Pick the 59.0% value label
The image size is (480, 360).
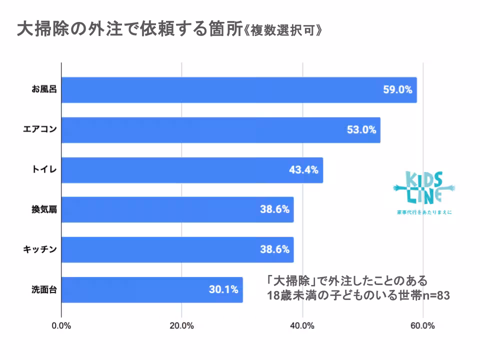pyautogui.click(x=397, y=90)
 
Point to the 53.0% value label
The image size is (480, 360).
pyautogui.click(x=361, y=130)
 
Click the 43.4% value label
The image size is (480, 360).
pyautogui.click(x=303, y=170)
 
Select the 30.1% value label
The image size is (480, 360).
pyautogui.click(x=223, y=289)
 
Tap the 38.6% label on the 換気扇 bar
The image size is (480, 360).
pyautogui.click(x=274, y=209)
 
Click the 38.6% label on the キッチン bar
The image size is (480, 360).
pyautogui.click(x=274, y=249)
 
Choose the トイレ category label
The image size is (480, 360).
pyautogui.click(x=41, y=170)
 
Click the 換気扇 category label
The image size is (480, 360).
pyautogui.click(x=41, y=209)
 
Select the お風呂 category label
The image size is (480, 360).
pyautogui.click(x=41, y=90)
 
